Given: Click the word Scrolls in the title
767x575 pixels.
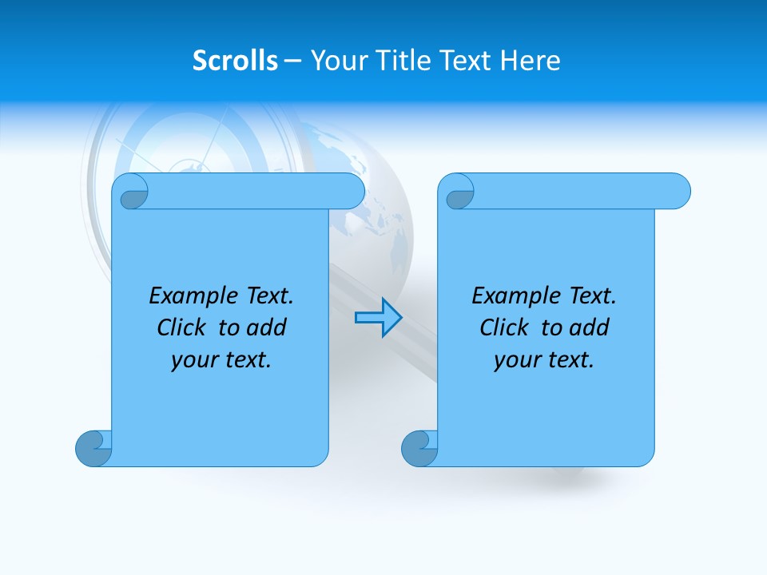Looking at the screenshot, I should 235,61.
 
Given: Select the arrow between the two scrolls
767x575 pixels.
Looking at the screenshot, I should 378,318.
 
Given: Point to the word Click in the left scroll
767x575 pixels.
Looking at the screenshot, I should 185,328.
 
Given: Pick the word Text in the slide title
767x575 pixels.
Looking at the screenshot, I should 465,61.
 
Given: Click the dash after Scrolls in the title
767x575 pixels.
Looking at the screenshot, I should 292,61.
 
